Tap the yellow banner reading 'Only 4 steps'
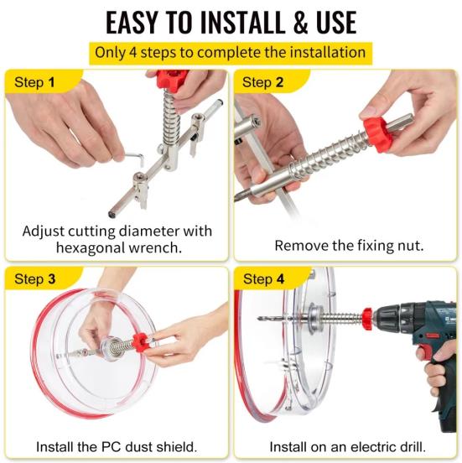(231, 52)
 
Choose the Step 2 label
(263, 82)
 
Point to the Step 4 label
(263, 278)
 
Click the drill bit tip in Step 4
(261, 320)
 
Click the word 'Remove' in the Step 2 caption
(298, 247)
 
